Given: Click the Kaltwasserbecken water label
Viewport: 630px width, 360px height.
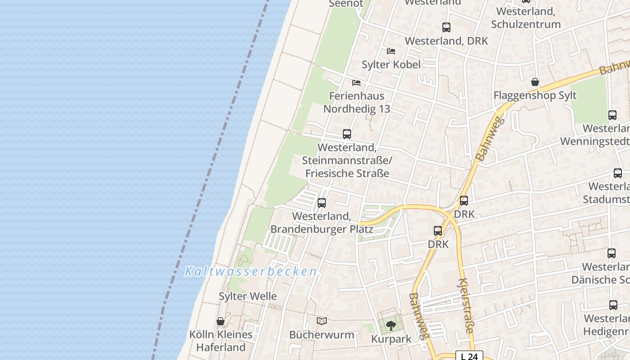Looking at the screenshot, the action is tap(251, 271).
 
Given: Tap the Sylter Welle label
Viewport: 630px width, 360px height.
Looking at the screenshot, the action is tap(247, 296).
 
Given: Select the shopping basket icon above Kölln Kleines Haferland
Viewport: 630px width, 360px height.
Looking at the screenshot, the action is tap(220, 321).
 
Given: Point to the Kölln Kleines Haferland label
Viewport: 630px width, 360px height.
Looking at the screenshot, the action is tap(220, 341).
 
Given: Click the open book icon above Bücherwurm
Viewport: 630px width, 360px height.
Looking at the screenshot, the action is tap(322, 321).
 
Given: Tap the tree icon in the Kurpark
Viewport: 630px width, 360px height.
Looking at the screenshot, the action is tap(391, 325).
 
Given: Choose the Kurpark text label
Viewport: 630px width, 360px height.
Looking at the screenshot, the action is tap(391, 339).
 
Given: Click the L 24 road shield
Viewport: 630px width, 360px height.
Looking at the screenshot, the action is tap(469, 356).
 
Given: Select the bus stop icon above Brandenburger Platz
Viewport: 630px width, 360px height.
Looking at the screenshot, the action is tap(322, 203).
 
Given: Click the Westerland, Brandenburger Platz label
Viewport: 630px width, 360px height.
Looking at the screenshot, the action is tap(322, 222).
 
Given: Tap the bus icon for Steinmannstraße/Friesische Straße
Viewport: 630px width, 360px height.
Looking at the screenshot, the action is tap(347, 134).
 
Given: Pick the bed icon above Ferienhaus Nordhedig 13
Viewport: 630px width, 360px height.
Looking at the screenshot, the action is tap(356, 83).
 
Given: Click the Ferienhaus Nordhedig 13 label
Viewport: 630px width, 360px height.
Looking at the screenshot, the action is tap(357, 102).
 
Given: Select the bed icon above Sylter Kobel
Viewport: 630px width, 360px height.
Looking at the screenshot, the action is tap(391, 51).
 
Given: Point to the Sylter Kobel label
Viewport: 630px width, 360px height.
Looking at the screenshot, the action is tap(391, 64).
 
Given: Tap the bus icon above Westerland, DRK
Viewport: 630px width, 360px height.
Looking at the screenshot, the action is tap(446, 27).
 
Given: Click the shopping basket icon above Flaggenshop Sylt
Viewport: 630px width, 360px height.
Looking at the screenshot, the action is tap(535, 82).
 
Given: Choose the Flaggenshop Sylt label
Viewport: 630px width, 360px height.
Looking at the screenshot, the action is tap(535, 95).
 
